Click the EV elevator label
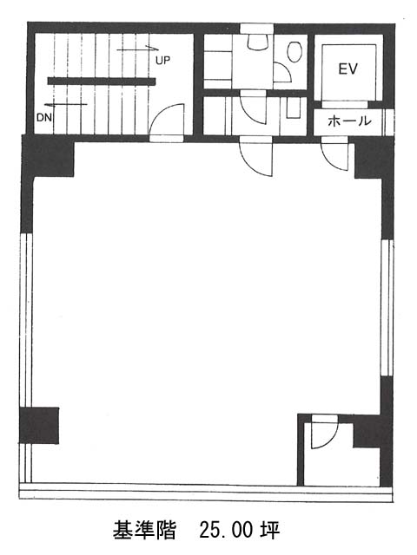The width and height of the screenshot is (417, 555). click(347, 69)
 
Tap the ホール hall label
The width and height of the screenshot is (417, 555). click(349, 121)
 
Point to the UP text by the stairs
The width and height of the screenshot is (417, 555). click(162, 60)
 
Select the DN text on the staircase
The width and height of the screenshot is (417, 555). click(44, 117)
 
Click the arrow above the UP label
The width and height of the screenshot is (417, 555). click(137, 49)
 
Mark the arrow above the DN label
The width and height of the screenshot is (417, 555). click(66, 104)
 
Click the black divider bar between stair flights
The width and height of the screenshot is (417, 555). click(102, 82)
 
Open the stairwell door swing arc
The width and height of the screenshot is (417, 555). click(166, 120)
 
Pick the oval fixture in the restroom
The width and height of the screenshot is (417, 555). click(295, 52)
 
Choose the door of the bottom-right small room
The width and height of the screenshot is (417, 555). click(325, 434)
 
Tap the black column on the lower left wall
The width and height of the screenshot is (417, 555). click(39, 425)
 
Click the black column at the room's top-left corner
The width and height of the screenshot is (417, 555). click(48, 156)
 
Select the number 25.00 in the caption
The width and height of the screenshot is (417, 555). click(226, 530)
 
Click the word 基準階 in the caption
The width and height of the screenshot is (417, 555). click(145, 530)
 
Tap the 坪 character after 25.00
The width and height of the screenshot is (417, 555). click(270, 530)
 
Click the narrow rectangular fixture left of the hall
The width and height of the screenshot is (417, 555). click(294, 108)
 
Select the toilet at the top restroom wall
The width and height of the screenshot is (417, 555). click(257, 41)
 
